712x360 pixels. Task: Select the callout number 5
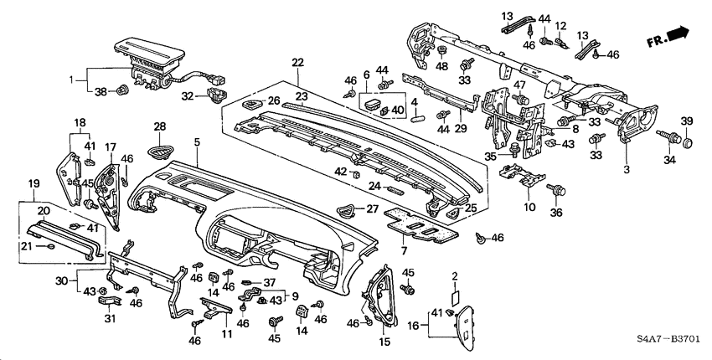pos(196,144)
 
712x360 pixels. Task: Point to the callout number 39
pos(687,121)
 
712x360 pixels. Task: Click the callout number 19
pos(34,183)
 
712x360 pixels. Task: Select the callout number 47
pos(519,85)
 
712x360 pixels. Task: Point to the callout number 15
pos(384,342)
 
